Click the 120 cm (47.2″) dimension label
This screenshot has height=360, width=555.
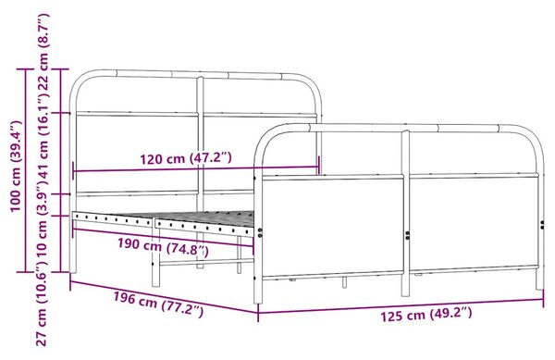(186, 158)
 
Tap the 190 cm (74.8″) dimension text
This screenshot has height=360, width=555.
(163, 247)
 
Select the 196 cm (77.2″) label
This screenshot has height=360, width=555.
(158, 304)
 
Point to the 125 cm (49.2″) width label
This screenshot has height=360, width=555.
(426, 314)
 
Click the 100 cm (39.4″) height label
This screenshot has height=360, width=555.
(16, 167)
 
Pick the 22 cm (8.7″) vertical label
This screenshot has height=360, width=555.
(43, 52)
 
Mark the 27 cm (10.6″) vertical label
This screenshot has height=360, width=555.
(43, 304)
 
